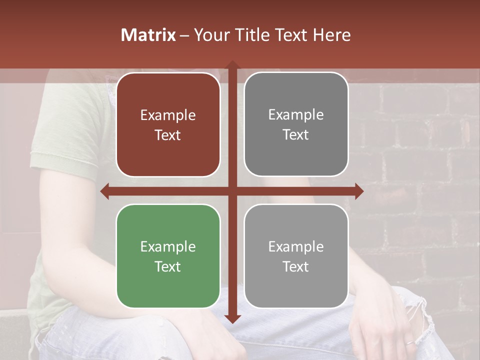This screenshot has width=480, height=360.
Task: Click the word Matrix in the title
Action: click(x=148, y=35)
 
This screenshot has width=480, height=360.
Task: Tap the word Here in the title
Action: click(x=331, y=35)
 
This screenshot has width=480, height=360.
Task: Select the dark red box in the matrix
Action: click(x=168, y=124)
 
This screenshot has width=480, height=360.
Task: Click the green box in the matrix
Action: click(x=168, y=256)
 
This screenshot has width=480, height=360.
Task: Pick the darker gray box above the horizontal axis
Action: click(x=296, y=124)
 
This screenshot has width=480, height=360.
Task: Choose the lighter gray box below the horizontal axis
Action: click(x=296, y=256)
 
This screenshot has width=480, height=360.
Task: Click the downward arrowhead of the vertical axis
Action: click(x=232, y=318)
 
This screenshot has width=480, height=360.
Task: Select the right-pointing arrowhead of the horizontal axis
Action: click(x=359, y=191)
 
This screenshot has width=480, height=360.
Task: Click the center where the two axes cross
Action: click(x=232, y=191)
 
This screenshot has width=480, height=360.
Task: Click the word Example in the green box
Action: click(x=168, y=246)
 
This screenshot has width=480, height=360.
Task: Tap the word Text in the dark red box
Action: click(x=168, y=135)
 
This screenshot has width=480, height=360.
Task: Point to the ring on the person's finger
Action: click(x=408, y=343)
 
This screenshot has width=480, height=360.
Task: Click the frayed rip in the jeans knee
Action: click(x=425, y=320)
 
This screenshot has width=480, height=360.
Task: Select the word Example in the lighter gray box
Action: click(x=296, y=246)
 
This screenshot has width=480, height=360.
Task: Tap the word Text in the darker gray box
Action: click(x=296, y=135)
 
